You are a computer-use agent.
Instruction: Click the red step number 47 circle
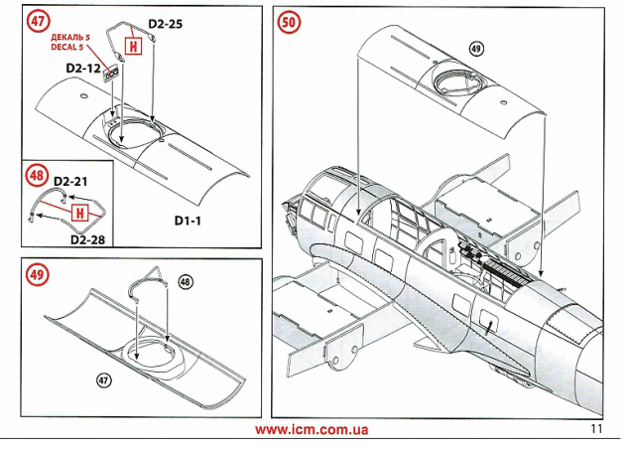tap(38, 22)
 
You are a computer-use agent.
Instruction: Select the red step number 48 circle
tap(37, 175)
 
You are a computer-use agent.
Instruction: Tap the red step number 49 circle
tap(38, 274)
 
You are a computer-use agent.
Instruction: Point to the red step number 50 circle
tap(290, 22)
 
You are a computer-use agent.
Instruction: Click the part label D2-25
tap(166, 22)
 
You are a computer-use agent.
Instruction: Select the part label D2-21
tap(71, 182)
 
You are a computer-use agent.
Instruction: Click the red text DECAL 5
tap(66, 46)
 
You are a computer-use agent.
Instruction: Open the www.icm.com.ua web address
tap(312, 430)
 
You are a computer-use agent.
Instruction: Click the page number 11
tap(595, 429)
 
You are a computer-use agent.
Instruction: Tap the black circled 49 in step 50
tap(475, 49)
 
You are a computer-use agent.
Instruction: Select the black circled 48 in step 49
tap(186, 281)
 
